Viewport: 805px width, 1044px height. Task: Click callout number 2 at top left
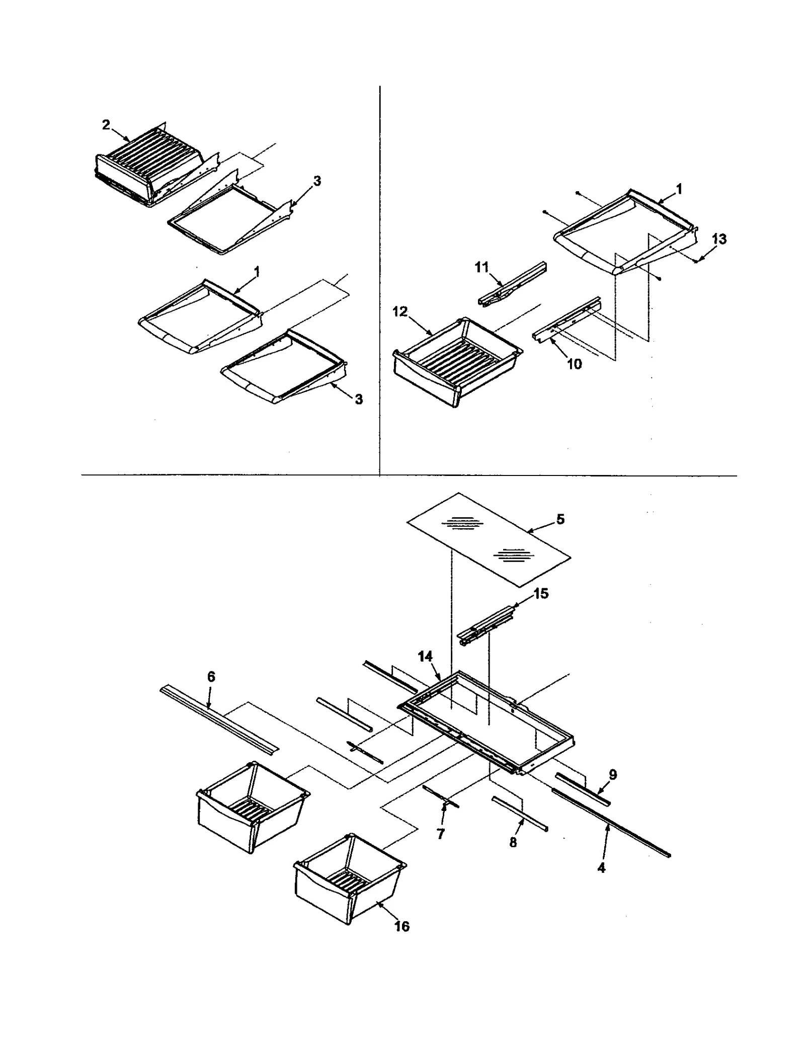[x=106, y=125]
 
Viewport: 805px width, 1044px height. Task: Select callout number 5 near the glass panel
[x=560, y=519]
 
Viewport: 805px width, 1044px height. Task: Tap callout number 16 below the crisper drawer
[x=401, y=926]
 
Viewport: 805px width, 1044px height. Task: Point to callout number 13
[x=719, y=239]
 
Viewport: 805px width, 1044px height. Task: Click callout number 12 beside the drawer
[x=400, y=312]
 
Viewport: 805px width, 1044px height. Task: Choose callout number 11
[x=482, y=268]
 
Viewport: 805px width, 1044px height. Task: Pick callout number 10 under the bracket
[x=574, y=364]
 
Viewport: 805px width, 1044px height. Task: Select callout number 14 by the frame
[x=425, y=656]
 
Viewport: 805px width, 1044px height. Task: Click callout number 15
[x=541, y=594]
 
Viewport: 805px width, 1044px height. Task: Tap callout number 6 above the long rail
[x=211, y=677]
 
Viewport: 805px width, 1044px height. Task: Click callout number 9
[x=612, y=774]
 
